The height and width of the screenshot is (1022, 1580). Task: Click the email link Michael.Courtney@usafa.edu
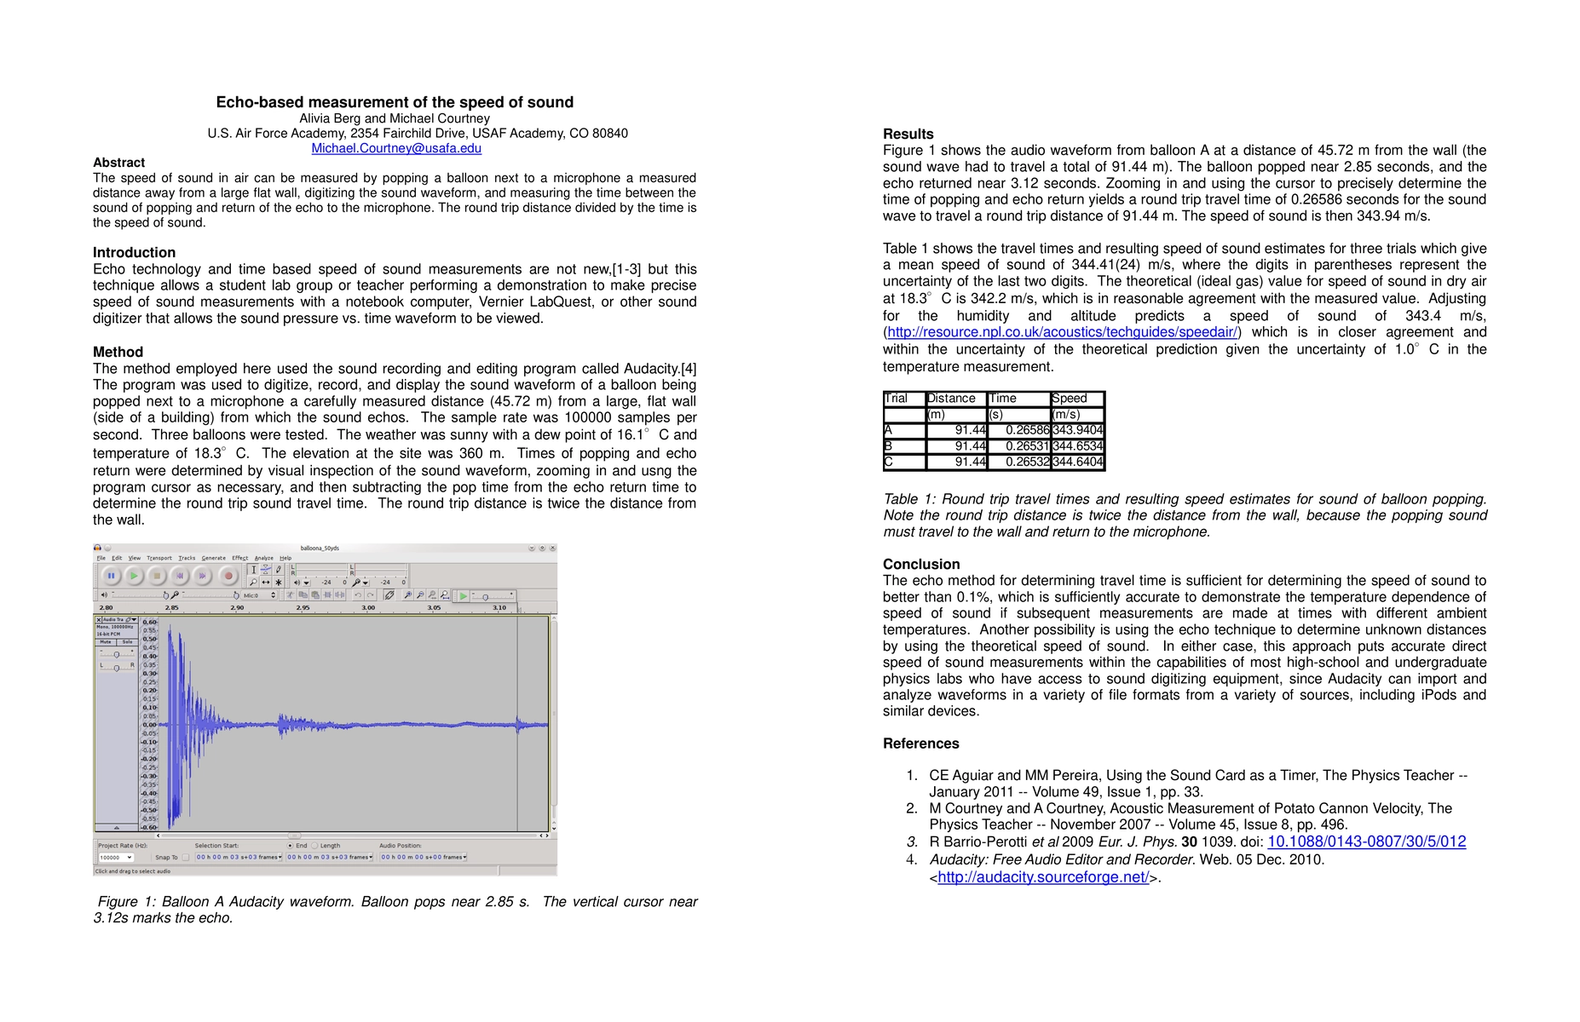point(396,148)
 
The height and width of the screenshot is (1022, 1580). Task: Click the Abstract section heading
point(118,163)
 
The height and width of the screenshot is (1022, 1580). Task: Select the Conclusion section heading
point(921,565)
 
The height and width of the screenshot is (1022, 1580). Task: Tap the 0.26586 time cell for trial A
point(1018,430)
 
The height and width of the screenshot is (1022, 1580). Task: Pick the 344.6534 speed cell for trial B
point(1077,446)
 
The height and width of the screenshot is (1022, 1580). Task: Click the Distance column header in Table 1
point(951,399)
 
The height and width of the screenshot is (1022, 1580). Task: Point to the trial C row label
point(889,462)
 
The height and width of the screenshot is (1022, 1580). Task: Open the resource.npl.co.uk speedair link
point(1062,332)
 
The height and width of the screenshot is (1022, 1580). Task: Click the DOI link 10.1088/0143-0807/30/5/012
point(1366,841)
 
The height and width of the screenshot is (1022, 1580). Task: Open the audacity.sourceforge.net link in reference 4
point(1043,877)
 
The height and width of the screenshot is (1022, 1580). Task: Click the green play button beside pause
point(134,576)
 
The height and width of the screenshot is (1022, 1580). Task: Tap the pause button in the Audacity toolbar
point(111,576)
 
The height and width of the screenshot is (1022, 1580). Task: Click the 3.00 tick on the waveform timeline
point(368,608)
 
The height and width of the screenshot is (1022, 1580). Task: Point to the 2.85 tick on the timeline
point(172,608)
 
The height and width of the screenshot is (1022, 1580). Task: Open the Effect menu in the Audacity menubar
point(239,559)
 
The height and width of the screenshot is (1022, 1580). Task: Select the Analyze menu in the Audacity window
point(263,559)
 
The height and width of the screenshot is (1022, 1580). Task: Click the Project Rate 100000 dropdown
point(115,858)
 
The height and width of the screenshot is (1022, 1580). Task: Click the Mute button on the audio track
point(106,642)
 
